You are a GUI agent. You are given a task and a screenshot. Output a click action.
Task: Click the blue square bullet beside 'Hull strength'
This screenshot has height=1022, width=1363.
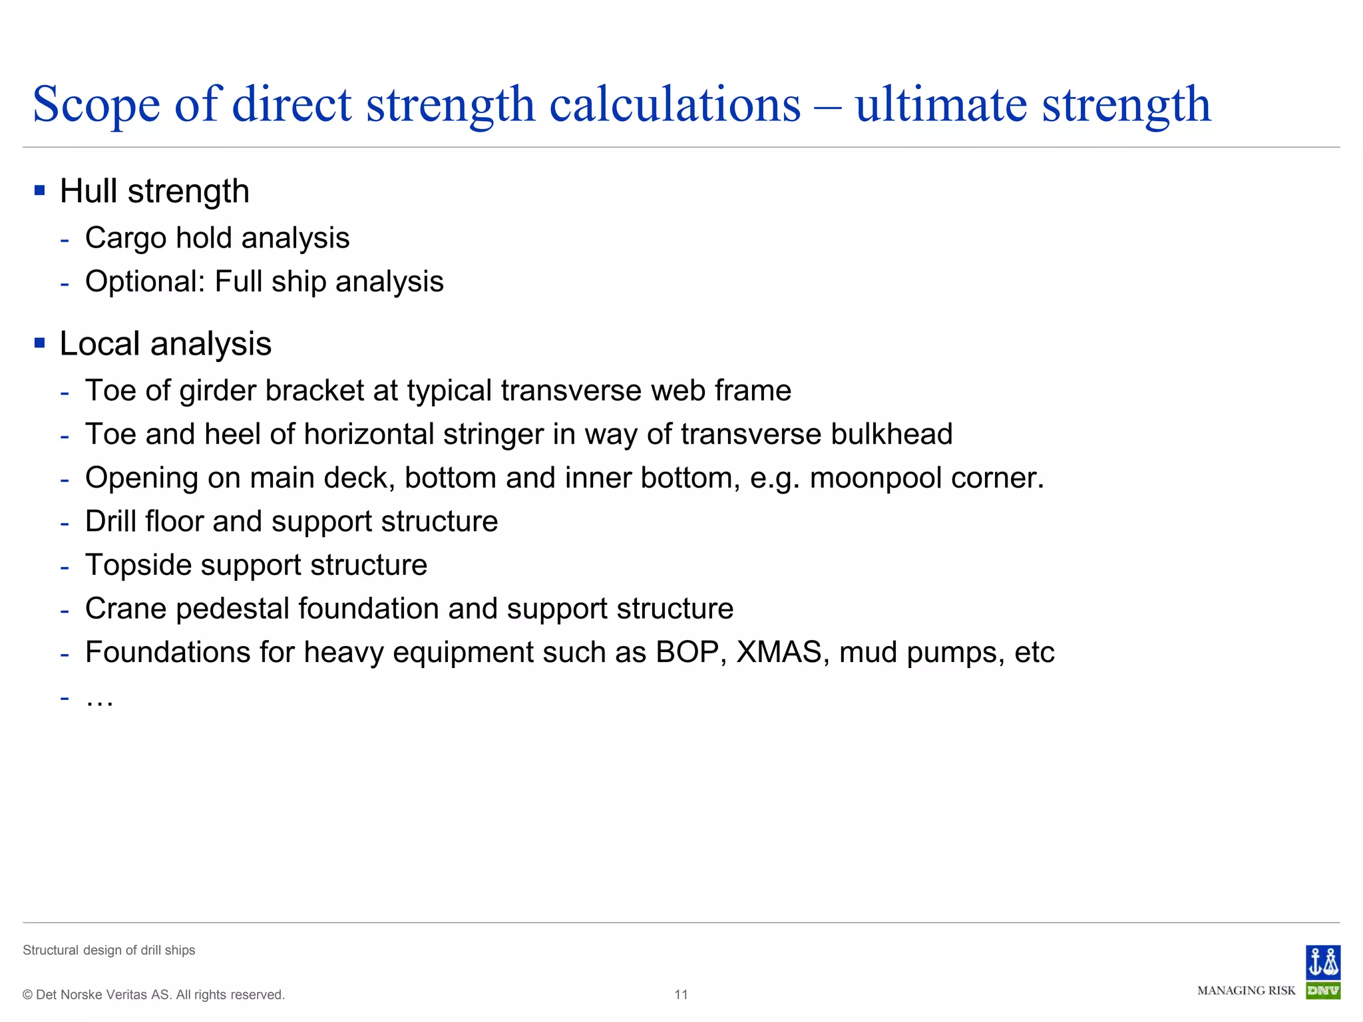[x=40, y=191]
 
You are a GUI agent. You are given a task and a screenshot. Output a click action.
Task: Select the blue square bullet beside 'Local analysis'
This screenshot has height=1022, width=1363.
[x=40, y=343]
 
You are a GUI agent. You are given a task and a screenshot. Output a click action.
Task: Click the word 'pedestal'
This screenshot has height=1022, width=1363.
[x=232, y=609]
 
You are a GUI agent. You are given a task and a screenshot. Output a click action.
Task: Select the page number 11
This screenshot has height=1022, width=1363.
[x=681, y=995]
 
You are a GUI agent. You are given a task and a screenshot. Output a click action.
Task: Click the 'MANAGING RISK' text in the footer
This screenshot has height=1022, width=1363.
[x=1246, y=991]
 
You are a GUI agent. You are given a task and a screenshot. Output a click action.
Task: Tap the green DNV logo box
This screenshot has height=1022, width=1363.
[x=1322, y=991]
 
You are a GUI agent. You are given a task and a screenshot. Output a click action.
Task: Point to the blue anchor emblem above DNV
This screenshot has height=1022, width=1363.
[x=1322, y=962]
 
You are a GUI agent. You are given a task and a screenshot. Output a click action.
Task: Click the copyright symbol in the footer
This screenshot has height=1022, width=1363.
[x=27, y=995]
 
